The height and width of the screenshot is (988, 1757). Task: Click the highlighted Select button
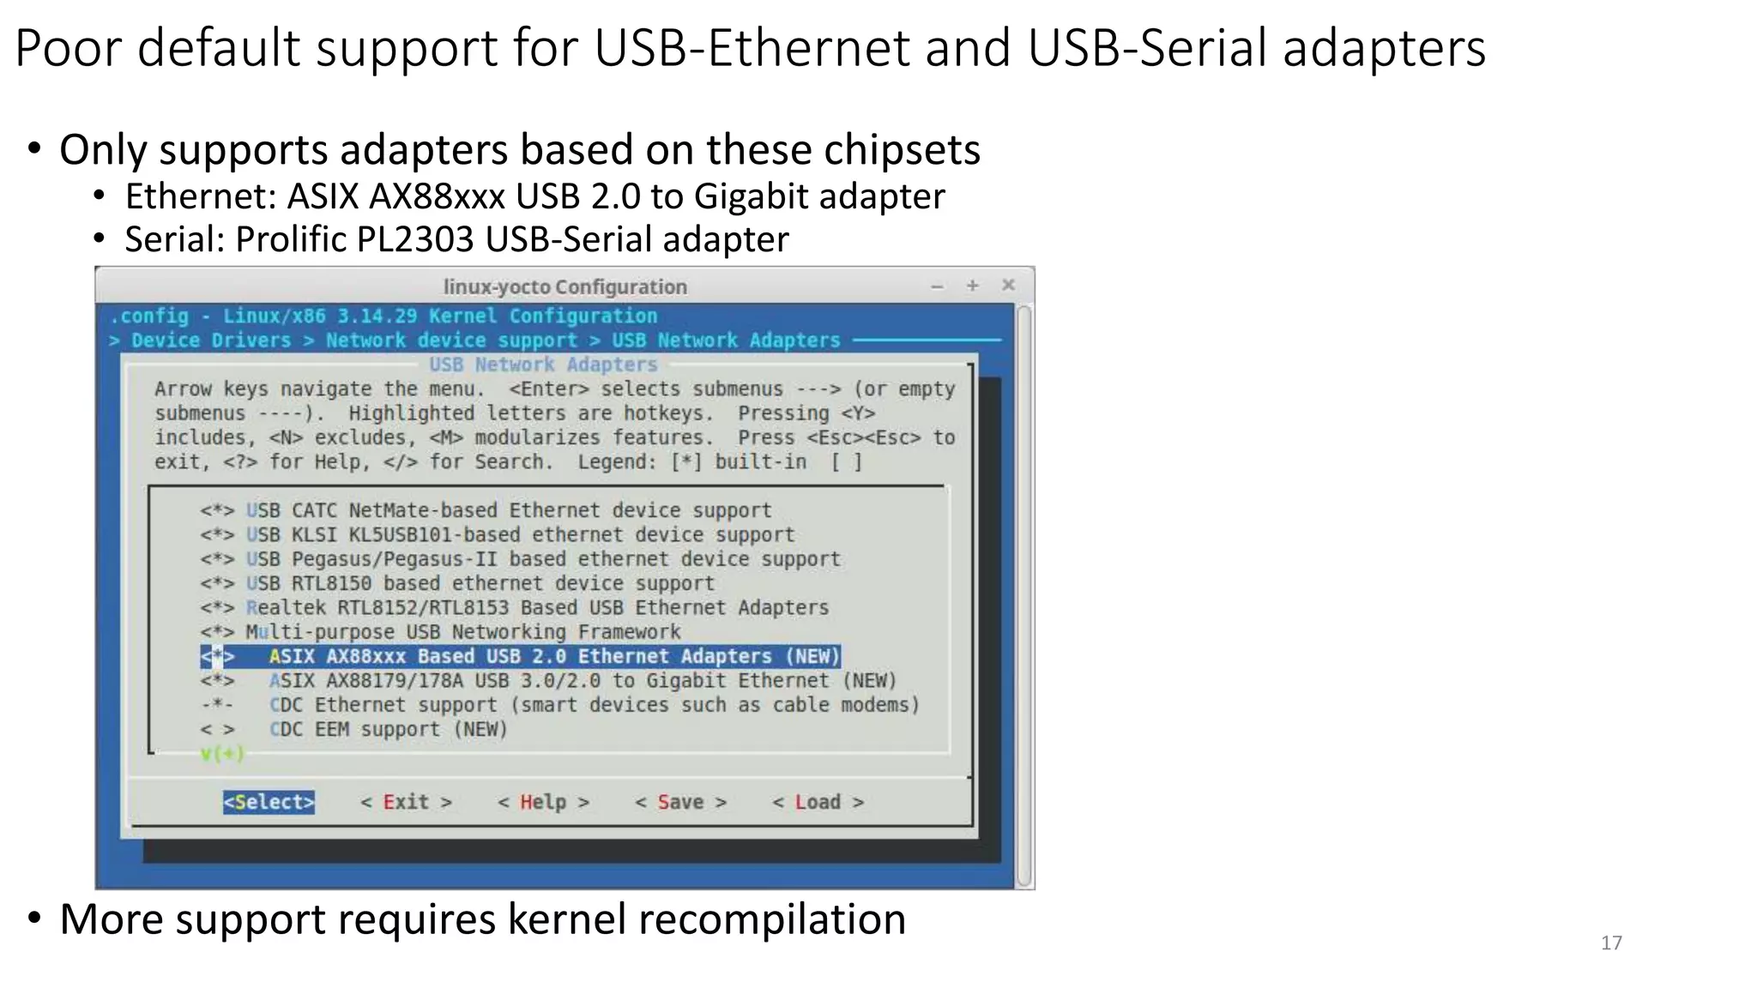(269, 802)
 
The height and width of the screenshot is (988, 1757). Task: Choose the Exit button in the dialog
(406, 802)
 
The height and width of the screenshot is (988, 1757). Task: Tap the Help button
(543, 802)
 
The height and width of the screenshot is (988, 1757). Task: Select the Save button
(680, 802)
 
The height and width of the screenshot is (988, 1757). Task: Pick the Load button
(818, 802)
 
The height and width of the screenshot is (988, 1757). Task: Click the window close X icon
(1009, 285)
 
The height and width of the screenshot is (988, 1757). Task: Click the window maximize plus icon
(973, 286)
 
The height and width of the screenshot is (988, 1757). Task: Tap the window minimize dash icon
(938, 286)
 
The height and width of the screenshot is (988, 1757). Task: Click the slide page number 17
(1611, 943)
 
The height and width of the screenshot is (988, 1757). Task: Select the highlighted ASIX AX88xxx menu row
(521, 656)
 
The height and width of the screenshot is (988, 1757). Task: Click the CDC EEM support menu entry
(388, 730)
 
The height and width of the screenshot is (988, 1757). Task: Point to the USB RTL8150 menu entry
(480, 583)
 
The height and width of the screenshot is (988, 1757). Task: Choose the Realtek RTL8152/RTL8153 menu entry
(537, 608)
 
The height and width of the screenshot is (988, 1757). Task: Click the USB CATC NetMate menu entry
(509, 510)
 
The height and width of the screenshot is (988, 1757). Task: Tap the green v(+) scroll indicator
(222, 754)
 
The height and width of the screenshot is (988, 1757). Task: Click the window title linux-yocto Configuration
(565, 286)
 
